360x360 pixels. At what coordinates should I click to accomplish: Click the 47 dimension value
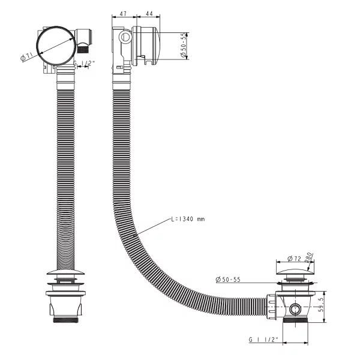click(x=123, y=14)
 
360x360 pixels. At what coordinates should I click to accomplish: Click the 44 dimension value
click(x=149, y=14)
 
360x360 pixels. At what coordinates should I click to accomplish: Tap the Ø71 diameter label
click(x=26, y=57)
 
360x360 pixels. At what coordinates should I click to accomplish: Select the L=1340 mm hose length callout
click(x=188, y=219)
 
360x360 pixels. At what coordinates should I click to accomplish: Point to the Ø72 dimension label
click(x=294, y=259)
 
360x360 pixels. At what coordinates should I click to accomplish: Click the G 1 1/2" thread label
click(x=263, y=340)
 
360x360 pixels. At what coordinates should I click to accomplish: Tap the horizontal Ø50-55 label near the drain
click(x=228, y=280)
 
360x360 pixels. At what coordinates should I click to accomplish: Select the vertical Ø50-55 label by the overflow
click(x=183, y=45)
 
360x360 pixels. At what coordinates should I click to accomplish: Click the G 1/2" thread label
click(x=84, y=63)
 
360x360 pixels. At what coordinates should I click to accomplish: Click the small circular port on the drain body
click(x=295, y=309)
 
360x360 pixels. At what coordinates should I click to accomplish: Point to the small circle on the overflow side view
click(x=125, y=37)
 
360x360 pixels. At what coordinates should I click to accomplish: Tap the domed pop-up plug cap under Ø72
click(x=295, y=271)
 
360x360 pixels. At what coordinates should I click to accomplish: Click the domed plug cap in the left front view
click(x=65, y=272)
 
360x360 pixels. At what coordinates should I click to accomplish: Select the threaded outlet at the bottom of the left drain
click(x=65, y=319)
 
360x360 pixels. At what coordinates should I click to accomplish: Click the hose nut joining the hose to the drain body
click(x=272, y=307)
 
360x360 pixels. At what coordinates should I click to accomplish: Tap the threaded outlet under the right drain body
click(x=295, y=320)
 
